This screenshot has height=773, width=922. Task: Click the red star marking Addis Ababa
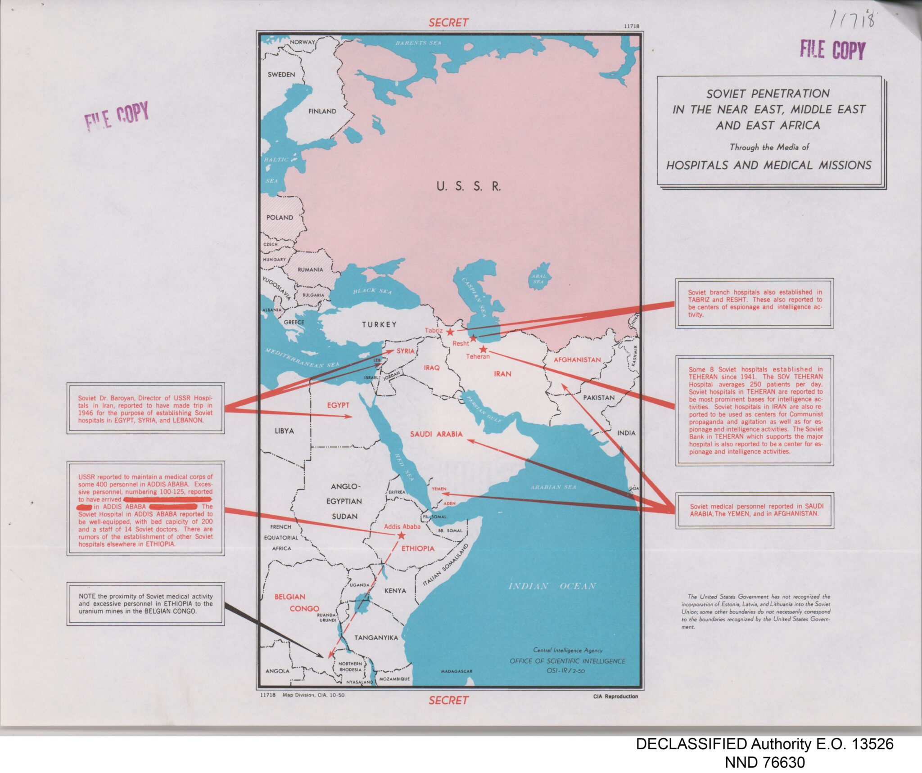(x=401, y=535)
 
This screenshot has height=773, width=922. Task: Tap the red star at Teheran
(x=483, y=349)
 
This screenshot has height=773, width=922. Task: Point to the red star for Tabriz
(x=450, y=332)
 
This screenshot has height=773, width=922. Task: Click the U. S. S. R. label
(x=468, y=186)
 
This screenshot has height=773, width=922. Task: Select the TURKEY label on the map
(x=380, y=324)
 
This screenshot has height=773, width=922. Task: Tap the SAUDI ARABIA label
(x=436, y=434)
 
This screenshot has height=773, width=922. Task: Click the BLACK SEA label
(x=372, y=291)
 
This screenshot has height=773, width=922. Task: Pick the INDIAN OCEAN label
(x=552, y=586)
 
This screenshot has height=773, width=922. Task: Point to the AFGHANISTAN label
(x=577, y=360)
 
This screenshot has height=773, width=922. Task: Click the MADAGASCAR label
(x=456, y=671)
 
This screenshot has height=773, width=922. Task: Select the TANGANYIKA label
(x=376, y=638)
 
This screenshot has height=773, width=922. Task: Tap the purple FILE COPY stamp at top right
(x=832, y=49)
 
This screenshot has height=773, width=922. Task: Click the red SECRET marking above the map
(x=448, y=22)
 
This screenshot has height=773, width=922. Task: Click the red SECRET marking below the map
(x=448, y=700)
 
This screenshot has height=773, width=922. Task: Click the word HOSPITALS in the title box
(x=698, y=166)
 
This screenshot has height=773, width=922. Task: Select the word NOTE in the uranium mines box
(x=87, y=596)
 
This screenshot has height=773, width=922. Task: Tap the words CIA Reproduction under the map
(x=615, y=697)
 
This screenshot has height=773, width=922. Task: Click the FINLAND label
(x=322, y=111)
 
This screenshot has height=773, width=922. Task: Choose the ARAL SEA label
(x=539, y=279)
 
